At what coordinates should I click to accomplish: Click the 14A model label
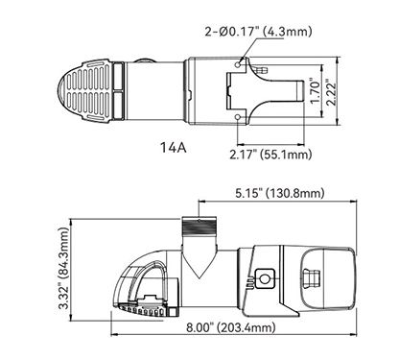(x=173, y=148)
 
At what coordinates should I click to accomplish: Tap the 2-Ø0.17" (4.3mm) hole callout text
(x=258, y=32)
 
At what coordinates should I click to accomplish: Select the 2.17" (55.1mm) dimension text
(x=270, y=155)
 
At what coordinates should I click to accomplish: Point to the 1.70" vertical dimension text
(x=316, y=92)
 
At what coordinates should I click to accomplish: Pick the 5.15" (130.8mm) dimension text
(x=280, y=193)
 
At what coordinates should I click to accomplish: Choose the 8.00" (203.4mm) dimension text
(x=230, y=327)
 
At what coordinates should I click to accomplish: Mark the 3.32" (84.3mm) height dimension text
(x=64, y=268)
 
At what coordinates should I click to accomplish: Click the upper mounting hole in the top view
(x=238, y=65)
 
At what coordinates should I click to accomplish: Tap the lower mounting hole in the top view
(x=238, y=117)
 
